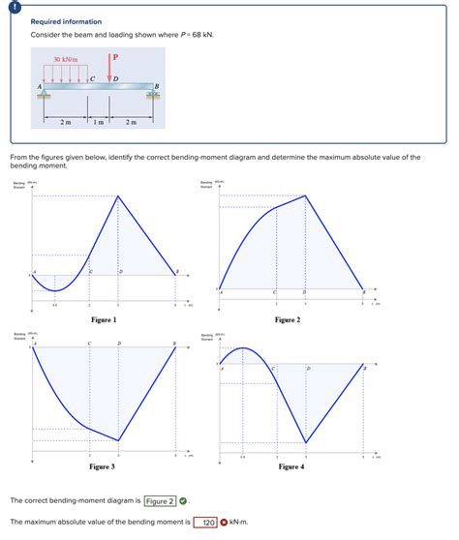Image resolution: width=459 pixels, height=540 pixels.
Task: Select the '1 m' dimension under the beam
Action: (100, 122)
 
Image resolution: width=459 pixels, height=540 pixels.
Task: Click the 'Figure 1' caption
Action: (104, 319)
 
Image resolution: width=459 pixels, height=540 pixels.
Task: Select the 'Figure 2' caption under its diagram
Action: (287, 319)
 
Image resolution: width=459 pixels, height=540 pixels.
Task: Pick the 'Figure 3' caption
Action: (103, 466)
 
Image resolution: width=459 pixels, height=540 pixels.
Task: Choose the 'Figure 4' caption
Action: (291, 466)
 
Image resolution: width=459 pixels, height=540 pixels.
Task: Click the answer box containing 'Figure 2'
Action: (160, 501)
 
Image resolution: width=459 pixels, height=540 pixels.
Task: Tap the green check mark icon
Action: (183, 501)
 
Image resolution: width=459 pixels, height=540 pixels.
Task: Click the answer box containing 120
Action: (204, 523)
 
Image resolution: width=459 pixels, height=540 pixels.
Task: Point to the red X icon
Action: (224, 523)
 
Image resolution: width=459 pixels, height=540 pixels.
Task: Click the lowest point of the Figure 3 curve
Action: (119, 440)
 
